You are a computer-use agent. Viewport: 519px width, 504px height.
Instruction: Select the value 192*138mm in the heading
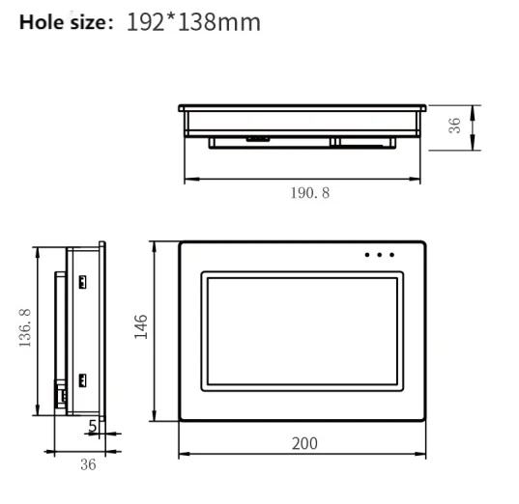click(193, 20)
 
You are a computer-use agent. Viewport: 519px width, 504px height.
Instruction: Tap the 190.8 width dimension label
click(309, 192)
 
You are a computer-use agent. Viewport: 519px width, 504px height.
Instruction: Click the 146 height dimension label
click(141, 328)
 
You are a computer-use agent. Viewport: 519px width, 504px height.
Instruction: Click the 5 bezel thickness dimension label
click(92, 424)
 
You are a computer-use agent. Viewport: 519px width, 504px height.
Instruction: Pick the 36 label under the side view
click(88, 464)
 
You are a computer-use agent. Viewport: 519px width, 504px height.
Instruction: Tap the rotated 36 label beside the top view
click(454, 126)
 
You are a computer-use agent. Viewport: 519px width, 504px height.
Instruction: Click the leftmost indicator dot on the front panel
click(368, 256)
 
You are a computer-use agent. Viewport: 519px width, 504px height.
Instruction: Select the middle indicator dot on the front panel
click(380, 256)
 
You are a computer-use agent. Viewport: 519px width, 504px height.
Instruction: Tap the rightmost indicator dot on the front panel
click(391, 256)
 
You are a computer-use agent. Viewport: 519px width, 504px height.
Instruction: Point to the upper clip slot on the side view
click(82, 282)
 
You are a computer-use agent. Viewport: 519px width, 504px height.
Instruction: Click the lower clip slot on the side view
click(82, 379)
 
